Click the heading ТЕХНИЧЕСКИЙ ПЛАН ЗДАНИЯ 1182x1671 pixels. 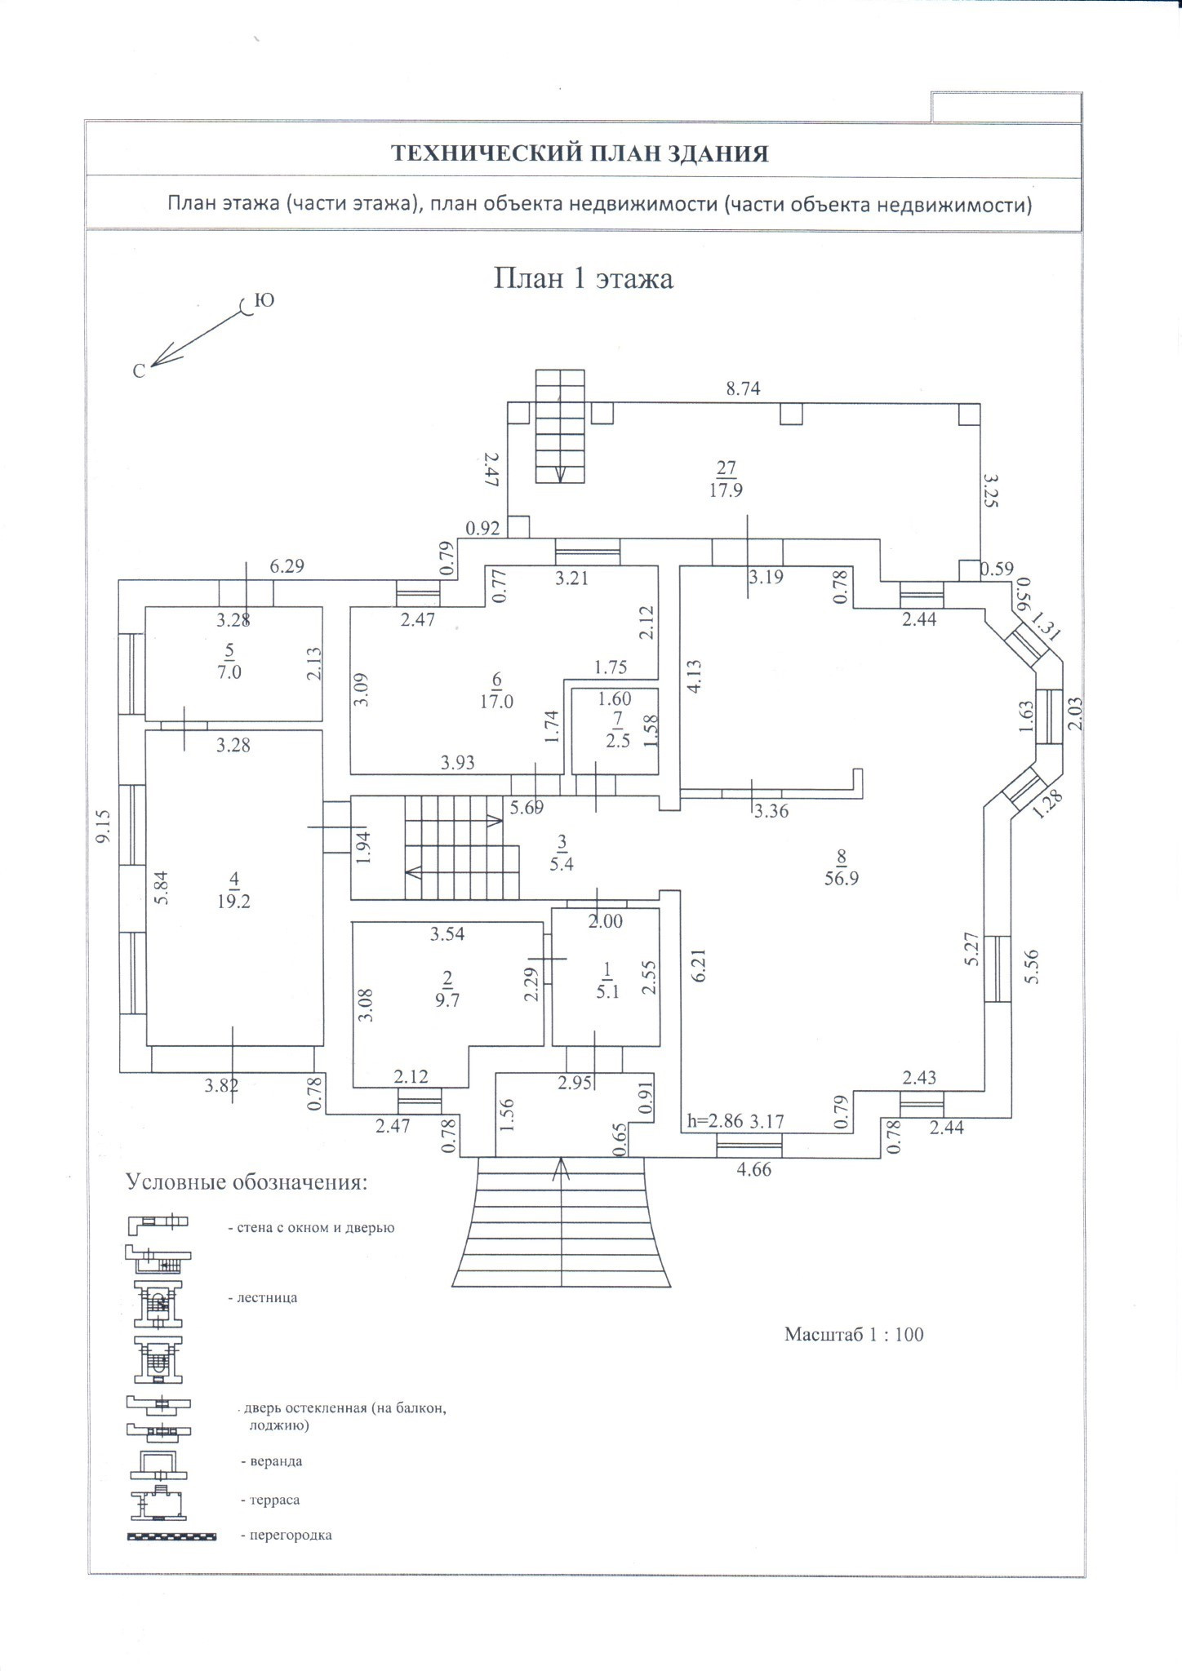[x=580, y=153]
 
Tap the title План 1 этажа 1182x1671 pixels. [x=583, y=279]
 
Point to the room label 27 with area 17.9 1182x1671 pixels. [x=726, y=479]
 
